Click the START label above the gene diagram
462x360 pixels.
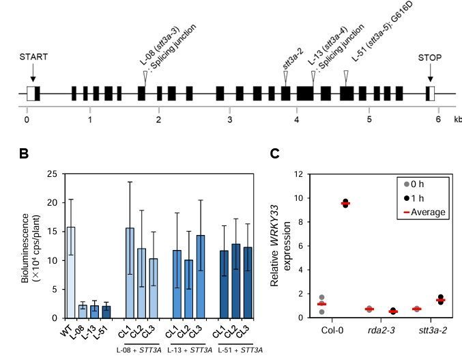[33, 57]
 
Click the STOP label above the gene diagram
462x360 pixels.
[430, 57]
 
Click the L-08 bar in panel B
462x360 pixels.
[81, 311]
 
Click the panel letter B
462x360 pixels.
[23, 154]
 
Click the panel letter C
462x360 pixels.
[274, 154]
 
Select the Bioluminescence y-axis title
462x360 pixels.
[28, 246]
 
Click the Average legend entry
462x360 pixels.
[424, 212]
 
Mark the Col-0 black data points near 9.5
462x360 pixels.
[345, 203]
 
